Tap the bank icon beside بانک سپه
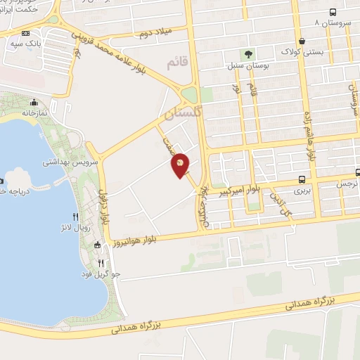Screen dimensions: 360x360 pos(26,33)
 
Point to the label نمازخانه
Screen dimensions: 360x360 pos(34,112)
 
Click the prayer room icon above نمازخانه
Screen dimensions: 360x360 pos(34,102)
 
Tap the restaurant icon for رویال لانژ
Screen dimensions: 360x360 pos(75,217)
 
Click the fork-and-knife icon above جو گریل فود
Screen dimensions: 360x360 pos(101,262)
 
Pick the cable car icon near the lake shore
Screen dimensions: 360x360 pos(97,245)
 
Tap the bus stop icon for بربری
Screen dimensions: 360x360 pos(302,180)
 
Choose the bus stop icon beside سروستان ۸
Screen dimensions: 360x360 pos(352,13)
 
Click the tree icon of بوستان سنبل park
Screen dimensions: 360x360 pos(247,53)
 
